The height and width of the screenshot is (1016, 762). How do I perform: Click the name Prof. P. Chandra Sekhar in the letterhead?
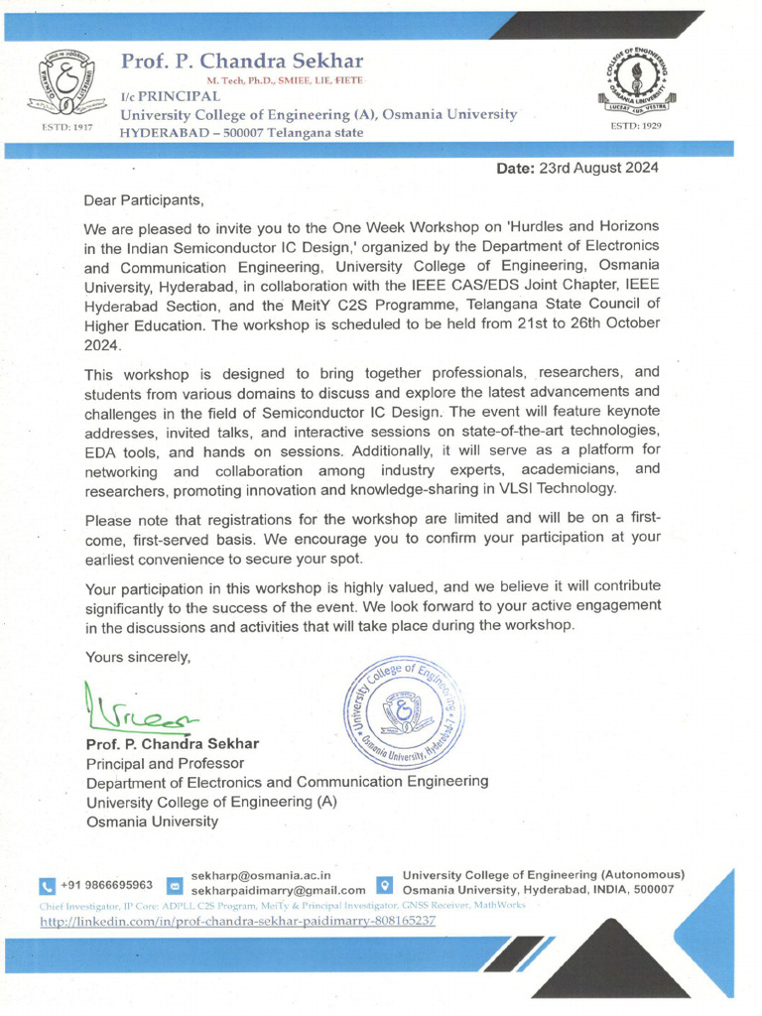242,62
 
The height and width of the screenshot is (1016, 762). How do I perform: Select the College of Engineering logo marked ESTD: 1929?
636,82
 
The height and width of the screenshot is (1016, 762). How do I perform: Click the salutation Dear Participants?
144,199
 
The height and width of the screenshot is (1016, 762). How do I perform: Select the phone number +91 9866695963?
106,885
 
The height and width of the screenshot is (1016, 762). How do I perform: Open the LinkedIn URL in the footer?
237,922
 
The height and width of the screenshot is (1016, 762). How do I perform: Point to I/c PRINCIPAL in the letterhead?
170,96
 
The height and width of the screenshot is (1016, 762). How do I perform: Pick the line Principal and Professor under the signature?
165,763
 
